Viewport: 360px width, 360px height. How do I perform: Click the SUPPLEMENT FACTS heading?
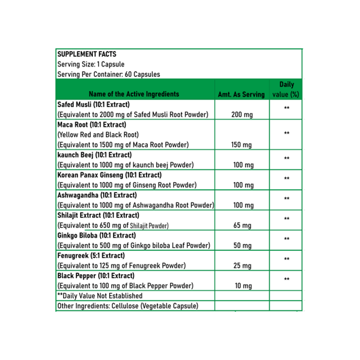pyautogui.click(x=87, y=54)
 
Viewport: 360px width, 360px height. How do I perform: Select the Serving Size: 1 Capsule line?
pyautogui.click(x=91, y=64)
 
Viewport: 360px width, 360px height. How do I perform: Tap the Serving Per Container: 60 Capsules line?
pyautogui.click(x=108, y=74)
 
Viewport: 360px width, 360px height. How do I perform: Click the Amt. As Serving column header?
pyautogui.click(x=241, y=95)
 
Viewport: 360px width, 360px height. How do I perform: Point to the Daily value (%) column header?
pyautogui.click(x=286, y=89)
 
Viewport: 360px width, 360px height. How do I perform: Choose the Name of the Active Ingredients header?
pyautogui.click(x=134, y=94)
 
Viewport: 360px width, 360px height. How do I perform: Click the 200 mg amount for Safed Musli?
pyautogui.click(x=242, y=115)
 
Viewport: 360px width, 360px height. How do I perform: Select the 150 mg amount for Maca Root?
pyautogui.click(x=241, y=145)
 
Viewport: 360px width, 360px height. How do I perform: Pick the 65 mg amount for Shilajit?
pyautogui.click(x=242, y=226)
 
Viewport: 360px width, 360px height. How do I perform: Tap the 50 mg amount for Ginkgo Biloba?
pyautogui.click(x=242, y=246)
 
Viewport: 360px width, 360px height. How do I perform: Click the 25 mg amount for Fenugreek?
pyautogui.click(x=242, y=266)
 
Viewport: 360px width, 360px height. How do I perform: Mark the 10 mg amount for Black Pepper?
pyautogui.click(x=243, y=286)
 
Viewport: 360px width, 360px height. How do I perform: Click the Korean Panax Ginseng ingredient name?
pyautogui.click(x=109, y=175)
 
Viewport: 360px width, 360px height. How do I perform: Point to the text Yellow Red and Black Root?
pyautogui.click(x=98, y=135)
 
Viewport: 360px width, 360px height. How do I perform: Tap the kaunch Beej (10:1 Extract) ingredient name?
pyautogui.click(x=94, y=155)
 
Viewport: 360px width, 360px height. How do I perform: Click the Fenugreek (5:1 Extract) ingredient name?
pyautogui.click(x=91, y=256)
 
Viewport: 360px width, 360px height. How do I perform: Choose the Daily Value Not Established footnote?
pyautogui.click(x=100, y=296)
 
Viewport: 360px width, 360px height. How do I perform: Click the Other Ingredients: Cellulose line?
pyautogui.click(x=128, y=306)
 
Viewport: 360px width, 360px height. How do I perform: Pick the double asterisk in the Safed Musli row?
pyautogui.click(x=286, y=109)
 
